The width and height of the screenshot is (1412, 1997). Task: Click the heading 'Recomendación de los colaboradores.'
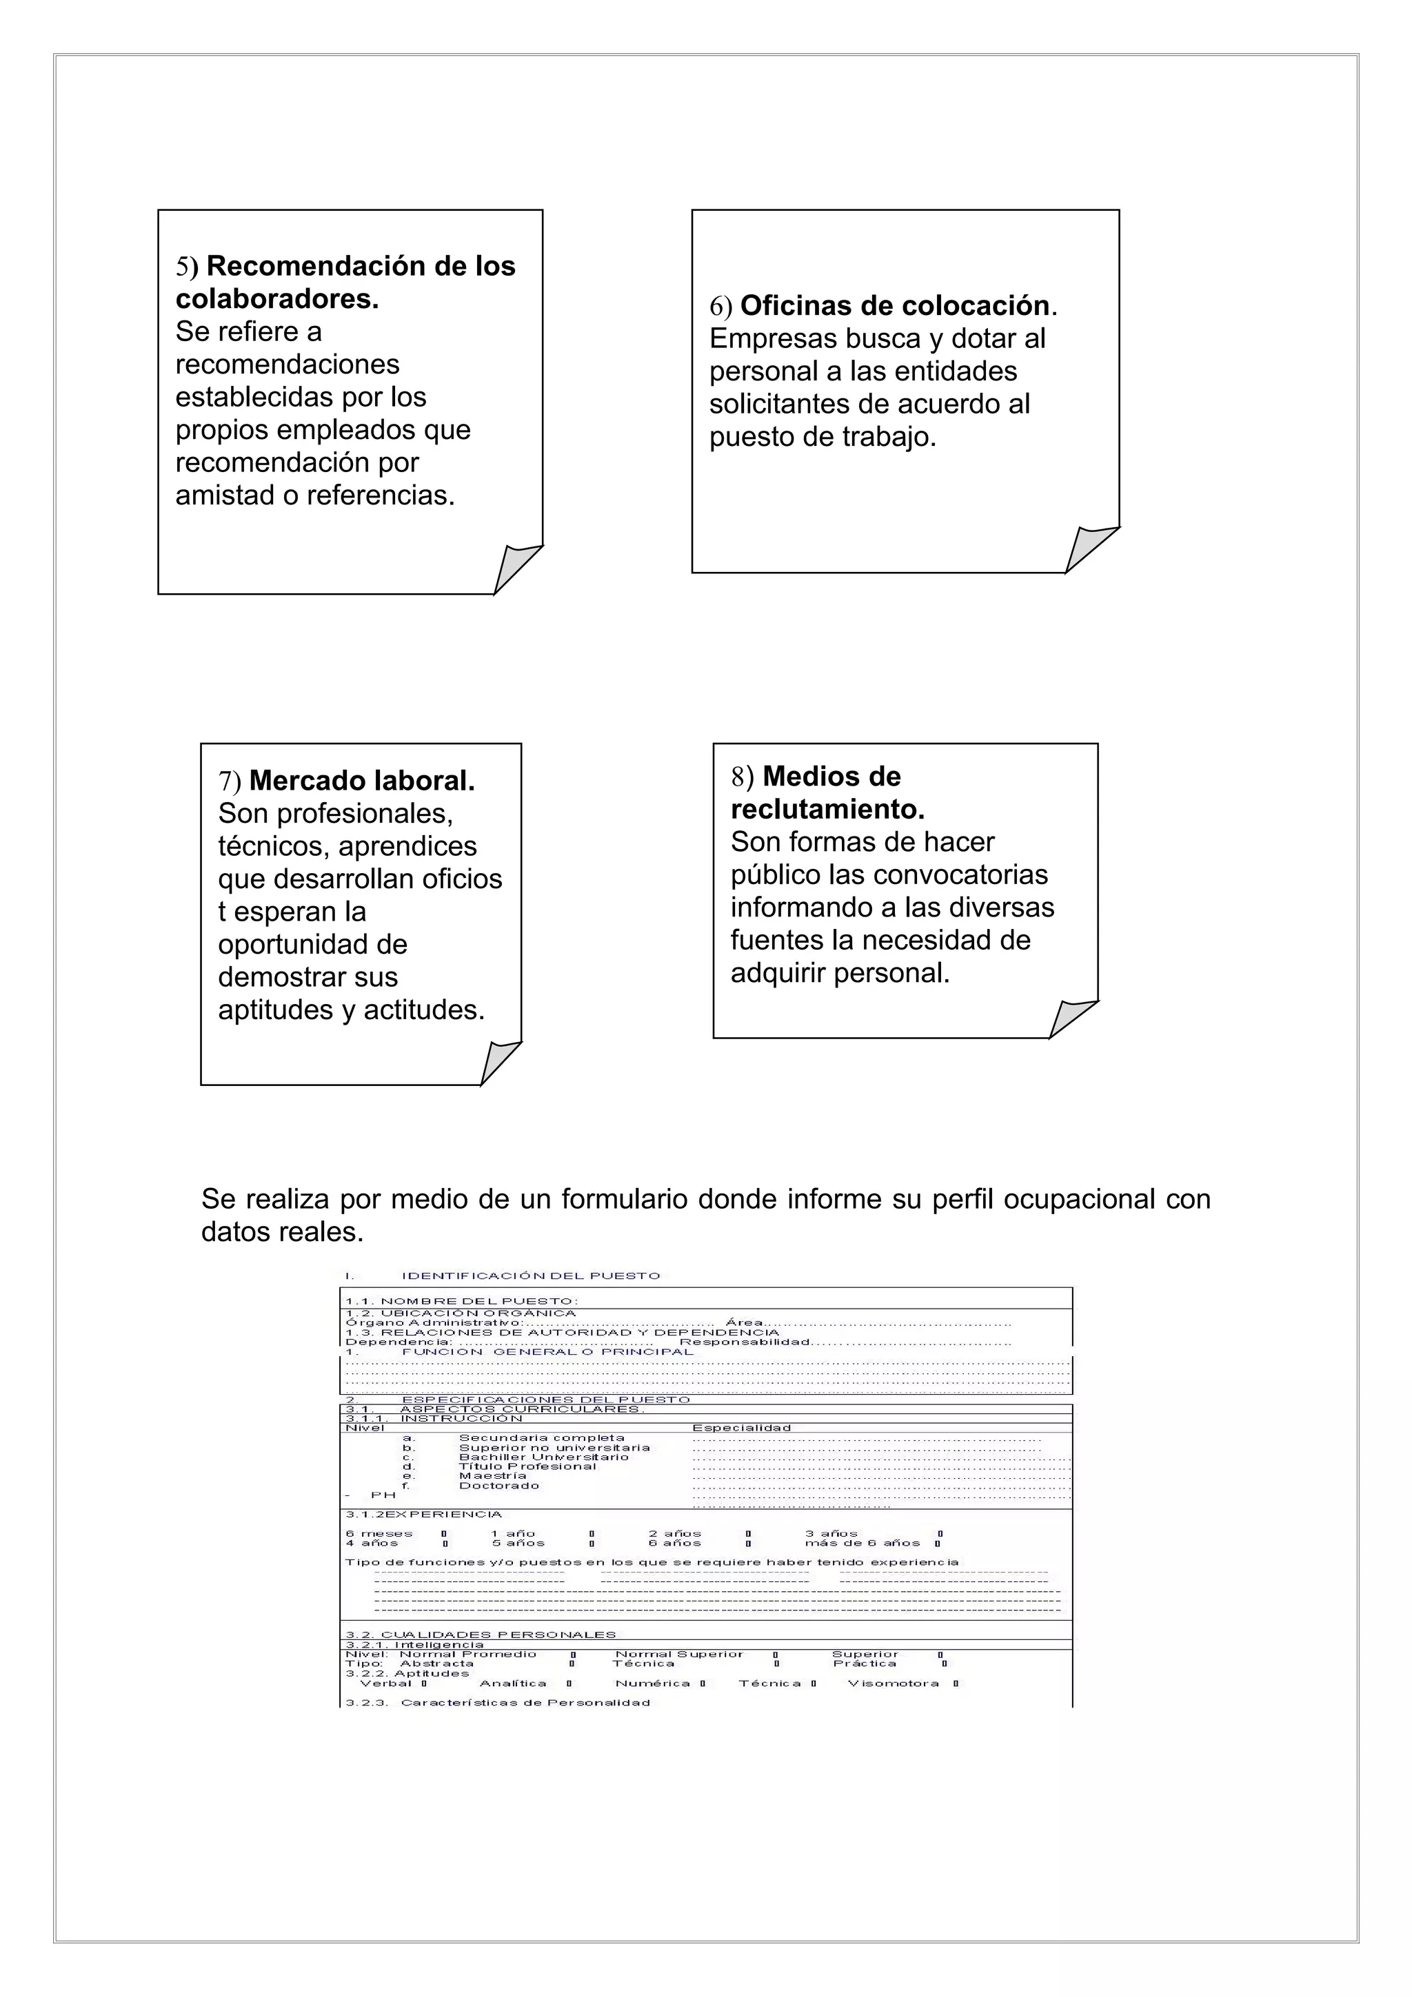point(345,282)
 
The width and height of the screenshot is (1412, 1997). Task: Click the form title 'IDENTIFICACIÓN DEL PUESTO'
point(531,1276)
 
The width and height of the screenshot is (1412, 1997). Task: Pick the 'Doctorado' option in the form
point(499,1486)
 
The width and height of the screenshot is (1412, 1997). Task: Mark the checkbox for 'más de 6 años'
point(938,1544)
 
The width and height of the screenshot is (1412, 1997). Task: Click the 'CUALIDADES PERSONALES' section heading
point(498,1635)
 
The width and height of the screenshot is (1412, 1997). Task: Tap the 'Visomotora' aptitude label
point(894,1683)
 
